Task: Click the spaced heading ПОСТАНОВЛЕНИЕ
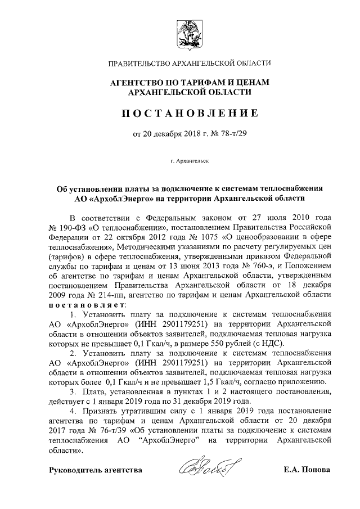[190, 113]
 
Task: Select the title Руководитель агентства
[96, 469]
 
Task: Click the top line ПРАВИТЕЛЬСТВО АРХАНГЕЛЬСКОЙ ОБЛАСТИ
[190, 63]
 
